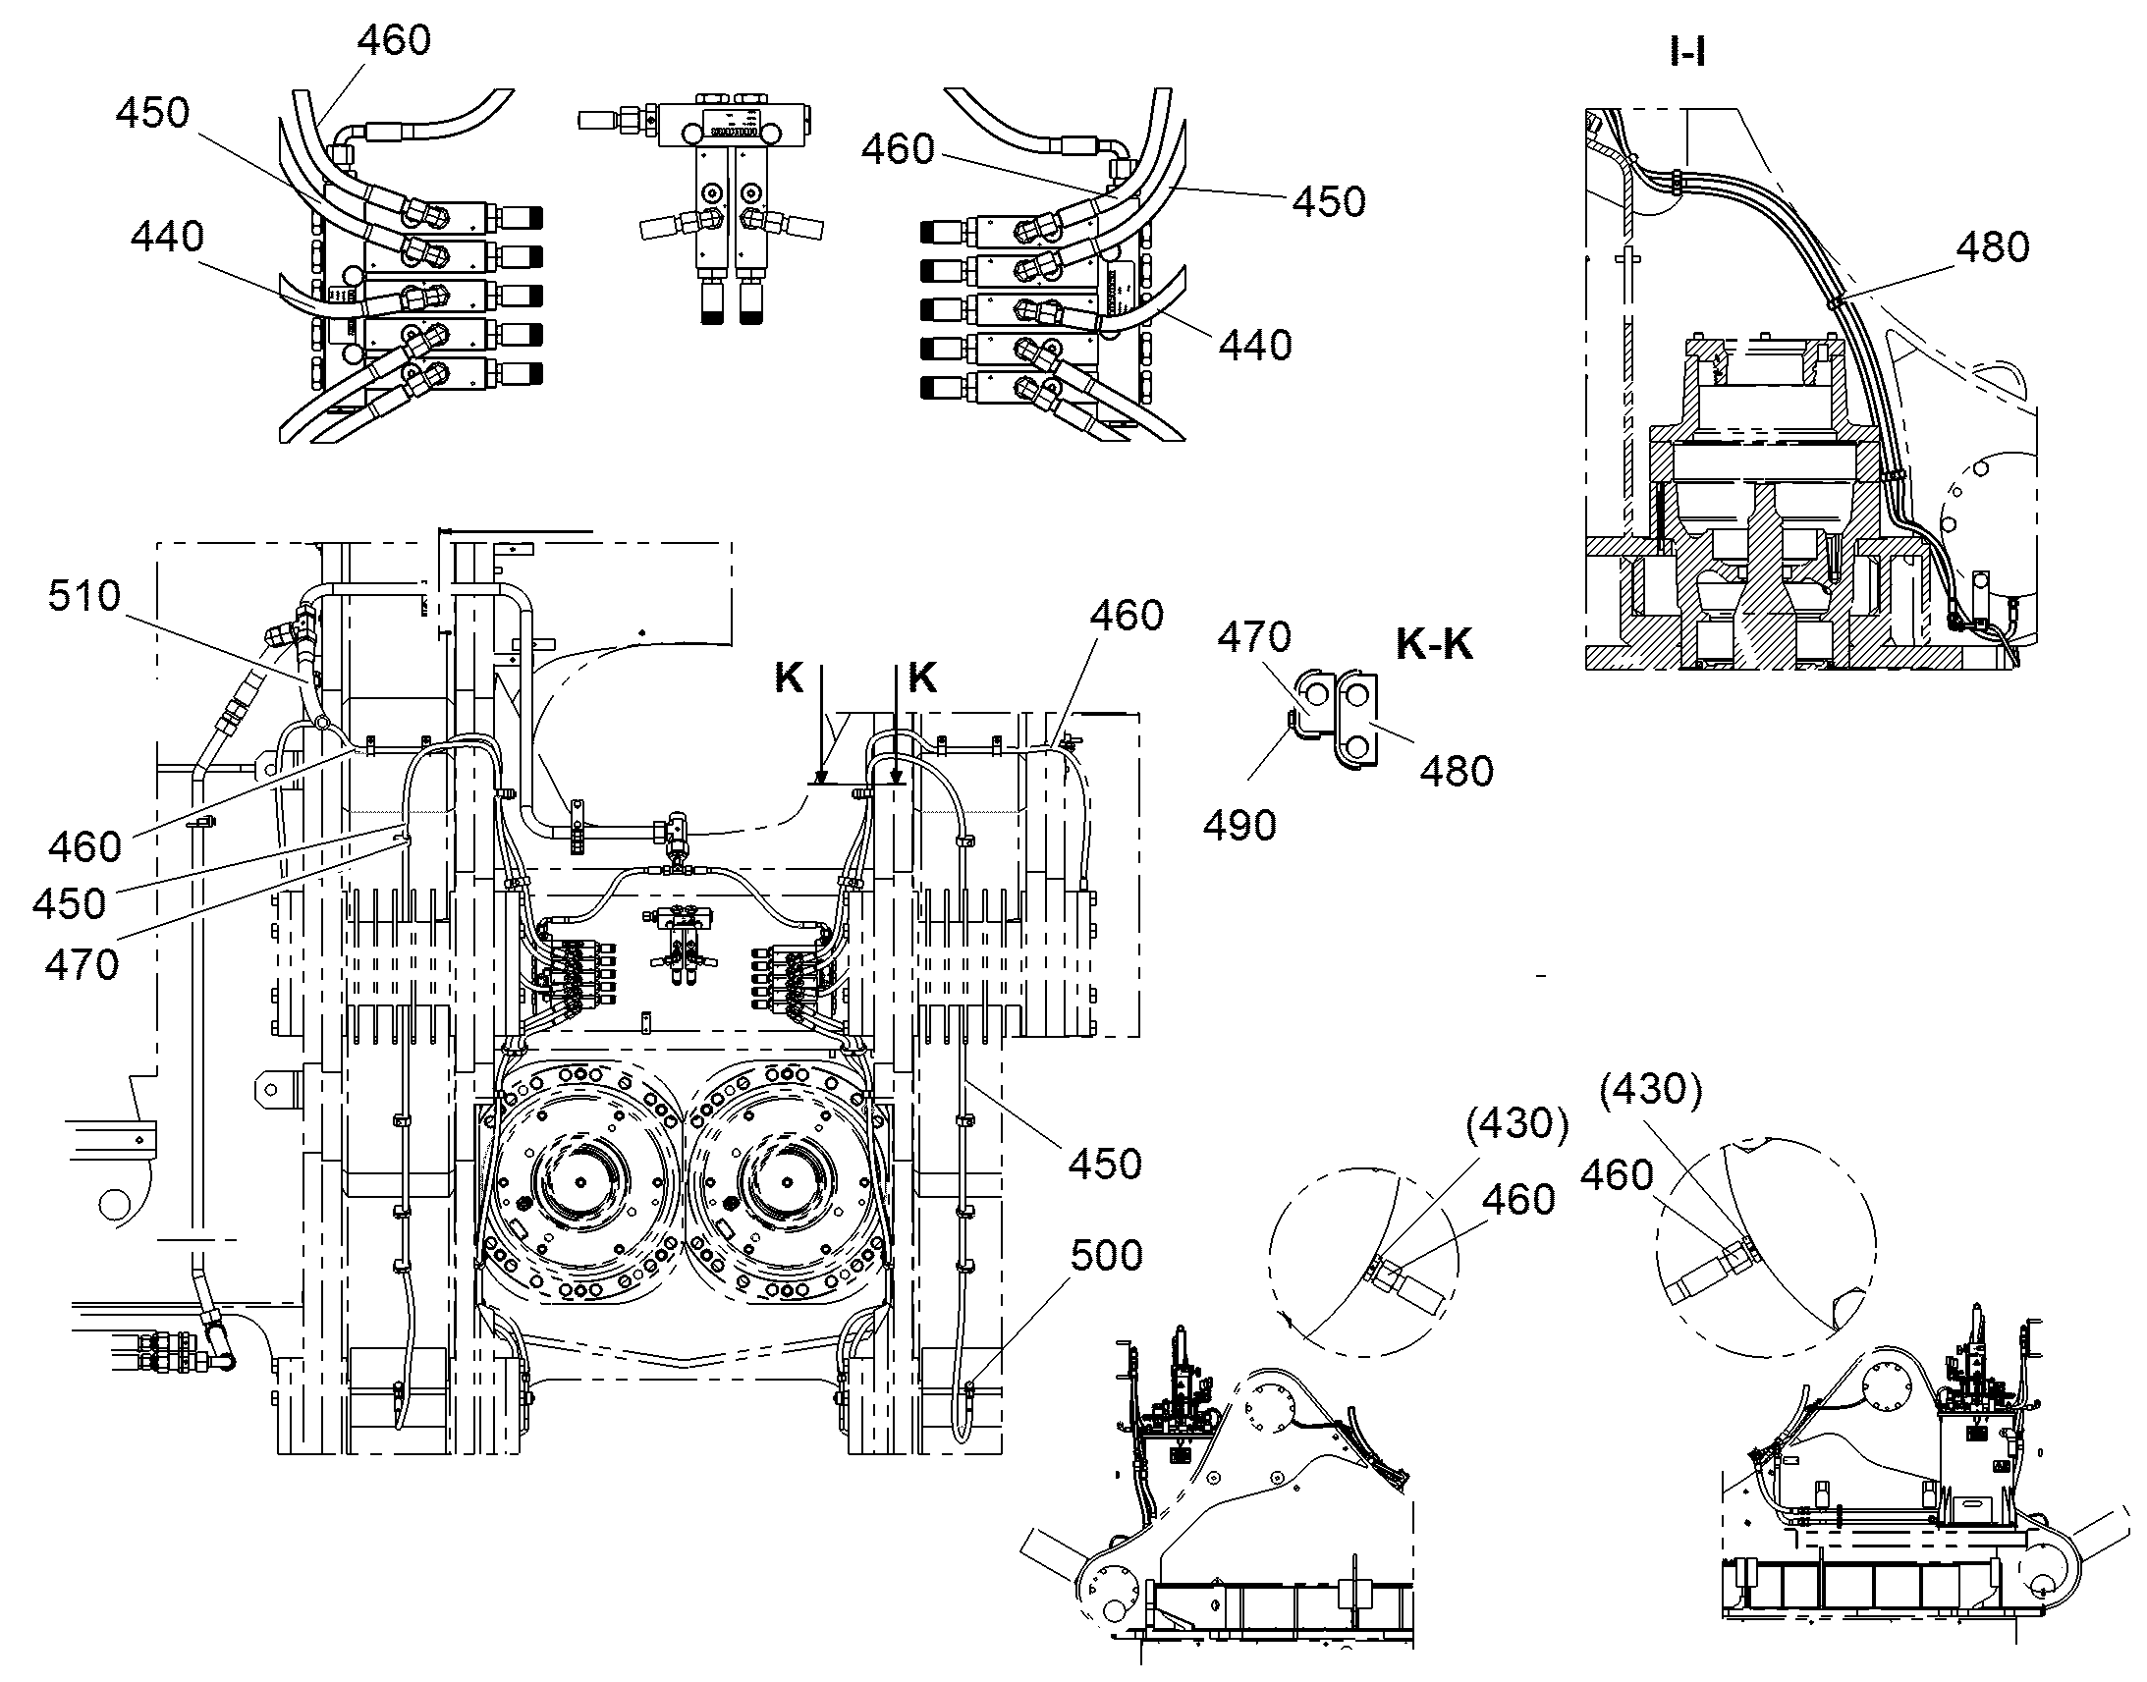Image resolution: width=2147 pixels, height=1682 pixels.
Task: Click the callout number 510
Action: [x=84, y=596]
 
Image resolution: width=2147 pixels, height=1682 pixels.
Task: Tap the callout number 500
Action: [x=1106, y=1255]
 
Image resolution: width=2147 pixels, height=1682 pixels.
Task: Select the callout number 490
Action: [x=1239, y=825]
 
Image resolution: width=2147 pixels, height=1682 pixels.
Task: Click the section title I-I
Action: [x=1688, y=52]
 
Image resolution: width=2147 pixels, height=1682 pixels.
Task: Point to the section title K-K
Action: [x=1434, y=644]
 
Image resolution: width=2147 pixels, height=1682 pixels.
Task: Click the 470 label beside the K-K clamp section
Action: [x=1255, y=637]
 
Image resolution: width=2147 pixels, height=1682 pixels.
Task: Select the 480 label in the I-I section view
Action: [x=1993, y=246]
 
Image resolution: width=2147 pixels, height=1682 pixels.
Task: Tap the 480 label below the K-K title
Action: [x=1457, y=771]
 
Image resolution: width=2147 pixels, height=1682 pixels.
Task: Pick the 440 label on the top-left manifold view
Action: [x=167, y=237]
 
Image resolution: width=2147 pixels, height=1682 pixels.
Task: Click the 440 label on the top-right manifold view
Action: [x=1256, y=345]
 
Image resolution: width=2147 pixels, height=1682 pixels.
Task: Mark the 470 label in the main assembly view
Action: [x=83, y=964]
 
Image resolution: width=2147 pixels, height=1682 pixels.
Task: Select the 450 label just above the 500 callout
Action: [x=1105, y=1164]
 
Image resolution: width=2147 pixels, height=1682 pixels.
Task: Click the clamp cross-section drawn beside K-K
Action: [x=1337, y=719]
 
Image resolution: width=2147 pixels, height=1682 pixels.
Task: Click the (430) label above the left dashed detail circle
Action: [x=1516, y=1122]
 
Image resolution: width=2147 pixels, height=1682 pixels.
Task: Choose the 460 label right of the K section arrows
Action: [x=1127, y=616]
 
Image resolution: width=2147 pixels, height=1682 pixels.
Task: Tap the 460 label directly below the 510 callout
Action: [x=85, y=847]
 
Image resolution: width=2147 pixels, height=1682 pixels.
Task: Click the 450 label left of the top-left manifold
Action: [x=152, y=113]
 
